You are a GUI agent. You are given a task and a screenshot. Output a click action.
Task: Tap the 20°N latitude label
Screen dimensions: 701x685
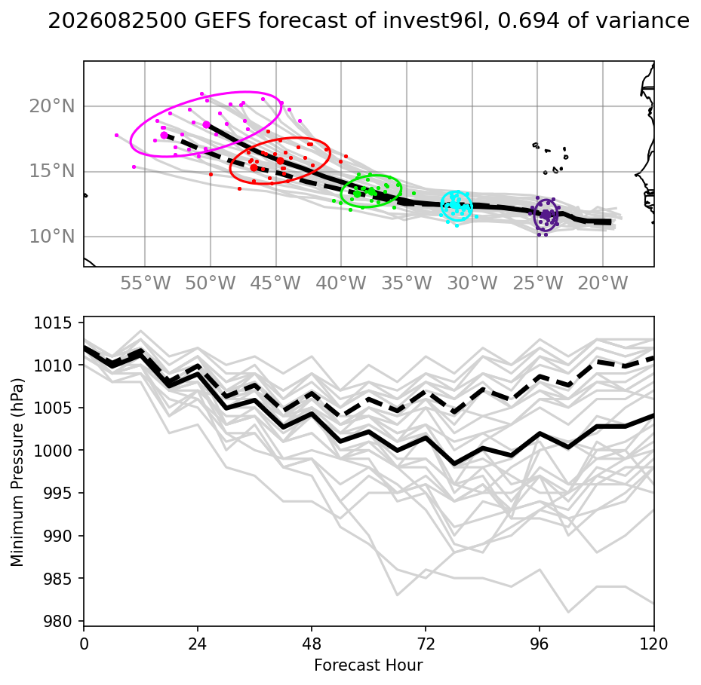tap(52, 106)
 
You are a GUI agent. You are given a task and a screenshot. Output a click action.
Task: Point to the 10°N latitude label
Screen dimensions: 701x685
tap(52, 236)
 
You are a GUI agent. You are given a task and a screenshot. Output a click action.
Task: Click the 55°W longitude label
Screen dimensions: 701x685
tap(146, 283)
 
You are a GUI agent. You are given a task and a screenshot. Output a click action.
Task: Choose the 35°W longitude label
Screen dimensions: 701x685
tap(407, 283)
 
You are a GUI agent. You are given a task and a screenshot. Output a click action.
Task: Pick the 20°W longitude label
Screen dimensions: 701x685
tap(603, 283)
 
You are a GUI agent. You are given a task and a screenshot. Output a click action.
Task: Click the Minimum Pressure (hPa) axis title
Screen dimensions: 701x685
tap(17, 472)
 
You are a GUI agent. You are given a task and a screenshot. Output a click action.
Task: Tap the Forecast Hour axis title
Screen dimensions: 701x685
tap(368, 665)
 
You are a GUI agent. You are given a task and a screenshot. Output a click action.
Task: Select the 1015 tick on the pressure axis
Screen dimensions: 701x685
tap(53, 323)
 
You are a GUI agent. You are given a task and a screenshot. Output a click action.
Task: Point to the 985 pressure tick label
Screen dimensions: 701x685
tap(57, 578)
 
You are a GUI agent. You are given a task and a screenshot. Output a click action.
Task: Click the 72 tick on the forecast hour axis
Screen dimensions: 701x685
tap(426, 644)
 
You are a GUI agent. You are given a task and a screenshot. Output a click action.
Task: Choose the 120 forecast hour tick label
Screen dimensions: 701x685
tap(653, 644)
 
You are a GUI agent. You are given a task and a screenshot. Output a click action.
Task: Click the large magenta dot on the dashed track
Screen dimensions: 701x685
tap(164, 136)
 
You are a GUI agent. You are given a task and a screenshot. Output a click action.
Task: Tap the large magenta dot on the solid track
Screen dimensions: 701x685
tap(206, 124)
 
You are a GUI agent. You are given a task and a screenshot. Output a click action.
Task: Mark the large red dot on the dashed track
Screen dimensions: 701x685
tap(254, 167)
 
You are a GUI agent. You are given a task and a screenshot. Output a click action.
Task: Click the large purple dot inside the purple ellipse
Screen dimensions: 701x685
tap(546, 215)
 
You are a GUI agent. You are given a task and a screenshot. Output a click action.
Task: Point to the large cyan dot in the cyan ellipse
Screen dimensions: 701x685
tap(456, 204)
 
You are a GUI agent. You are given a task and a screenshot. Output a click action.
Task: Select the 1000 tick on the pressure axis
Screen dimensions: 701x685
tap(53, 451)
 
